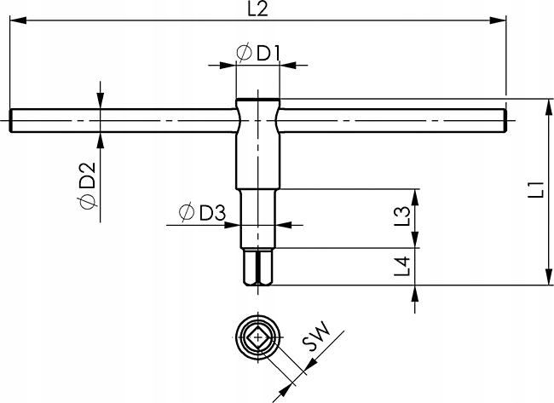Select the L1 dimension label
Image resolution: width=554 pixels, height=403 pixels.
534,190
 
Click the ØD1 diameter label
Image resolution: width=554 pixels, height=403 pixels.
257,54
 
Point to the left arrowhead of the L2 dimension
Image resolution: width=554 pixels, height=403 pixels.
15,22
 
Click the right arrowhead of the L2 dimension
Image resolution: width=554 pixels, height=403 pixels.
500,22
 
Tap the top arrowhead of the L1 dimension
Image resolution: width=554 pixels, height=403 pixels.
543,105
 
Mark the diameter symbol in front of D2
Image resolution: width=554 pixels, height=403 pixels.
87,202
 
